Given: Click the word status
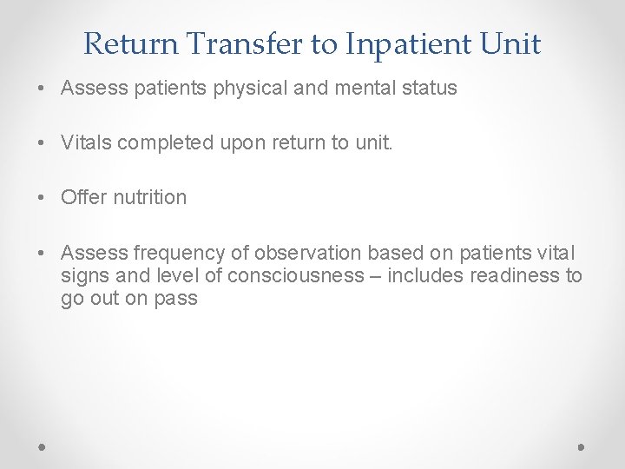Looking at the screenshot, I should coord(424,89).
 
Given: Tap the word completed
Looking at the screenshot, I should coord(164,142).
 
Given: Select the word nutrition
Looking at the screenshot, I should coord(148,197).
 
